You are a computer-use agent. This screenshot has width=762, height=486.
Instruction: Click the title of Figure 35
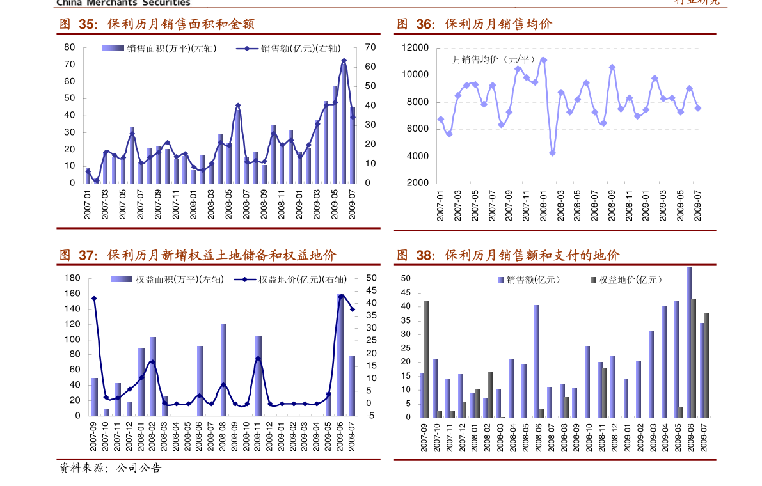pos(157,24)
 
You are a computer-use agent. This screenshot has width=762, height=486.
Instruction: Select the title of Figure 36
pos(474,24)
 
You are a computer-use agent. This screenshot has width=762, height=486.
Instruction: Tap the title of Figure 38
pos(508,256)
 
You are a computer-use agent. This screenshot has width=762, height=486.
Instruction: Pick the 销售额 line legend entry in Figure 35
pos(289,49)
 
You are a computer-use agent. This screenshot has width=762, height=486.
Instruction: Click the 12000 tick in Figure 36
pos(415,48)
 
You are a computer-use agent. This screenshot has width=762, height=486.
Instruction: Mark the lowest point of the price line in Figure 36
pos(552,153)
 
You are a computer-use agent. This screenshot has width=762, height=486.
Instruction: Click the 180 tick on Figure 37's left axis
pos(72,278)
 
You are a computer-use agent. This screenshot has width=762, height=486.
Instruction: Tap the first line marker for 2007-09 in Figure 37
pos(94,299)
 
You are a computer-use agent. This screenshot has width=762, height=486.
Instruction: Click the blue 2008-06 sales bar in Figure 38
pos(537,361)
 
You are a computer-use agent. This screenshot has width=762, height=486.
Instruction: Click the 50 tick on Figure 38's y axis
pos(405,279)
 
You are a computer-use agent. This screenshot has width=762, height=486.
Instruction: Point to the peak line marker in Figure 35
pos(344,61)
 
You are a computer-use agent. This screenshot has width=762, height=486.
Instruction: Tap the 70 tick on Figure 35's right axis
pos(370,47)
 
